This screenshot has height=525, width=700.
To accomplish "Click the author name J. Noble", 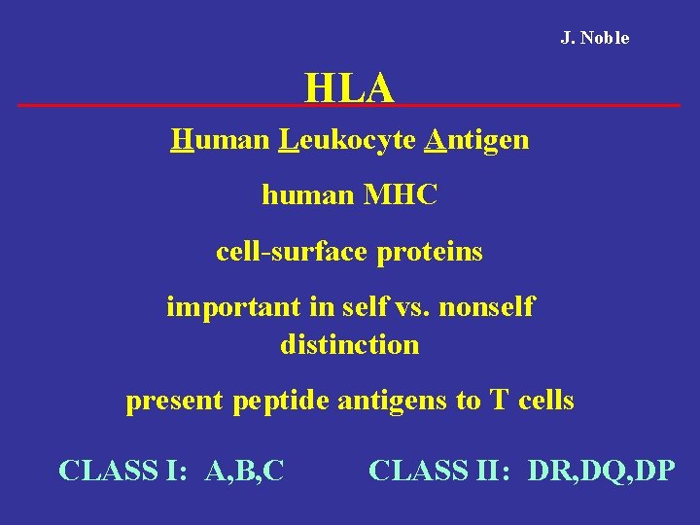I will tap(594, 38).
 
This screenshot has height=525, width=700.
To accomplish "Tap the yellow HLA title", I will tap(349, 87).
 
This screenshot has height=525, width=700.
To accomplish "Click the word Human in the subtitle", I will tap(218, 140).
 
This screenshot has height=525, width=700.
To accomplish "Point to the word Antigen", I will tap(477, 140).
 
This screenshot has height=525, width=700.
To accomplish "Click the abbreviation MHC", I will tap(401, 195).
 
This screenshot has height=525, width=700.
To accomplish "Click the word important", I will tap(224, 307).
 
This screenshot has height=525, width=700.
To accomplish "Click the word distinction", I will tap(350, 344).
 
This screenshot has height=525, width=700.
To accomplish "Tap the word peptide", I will tap(281, 401).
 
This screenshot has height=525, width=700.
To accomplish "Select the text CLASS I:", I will tap(122, 471).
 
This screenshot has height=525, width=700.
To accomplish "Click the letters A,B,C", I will tap(245, 471).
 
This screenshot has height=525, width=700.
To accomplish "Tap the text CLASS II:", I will tap(442, 471).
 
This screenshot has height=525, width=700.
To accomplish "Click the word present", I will tap(175, 401).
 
